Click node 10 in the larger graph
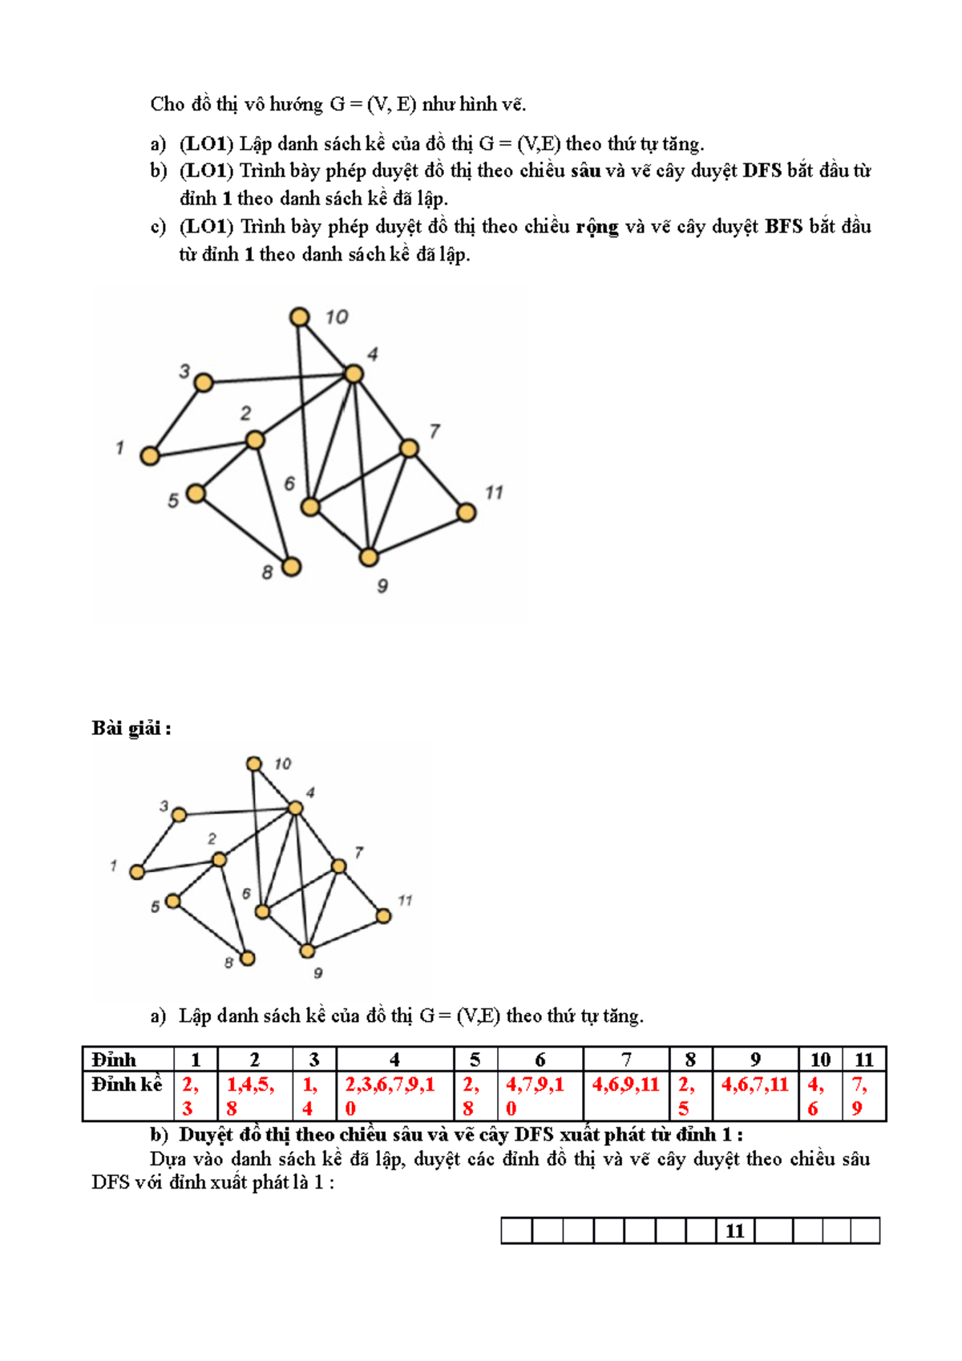tap(299, 317)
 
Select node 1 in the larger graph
tap(150, 456)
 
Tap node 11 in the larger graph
tap(467, 512)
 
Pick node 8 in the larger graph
tap(291, 567)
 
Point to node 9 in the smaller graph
tap(307, 951)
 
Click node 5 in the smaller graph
tap(172, 901)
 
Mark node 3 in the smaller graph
tap(180, 814)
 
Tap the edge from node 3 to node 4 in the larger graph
tap(278, 378)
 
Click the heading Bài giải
tap(131, 728)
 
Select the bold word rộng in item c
tap(597, 227)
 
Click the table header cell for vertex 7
tap(626, 1060)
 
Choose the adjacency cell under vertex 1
tap(195, 1095)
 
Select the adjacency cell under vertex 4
tap(394, 1095)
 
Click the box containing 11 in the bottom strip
tap(735, 1230)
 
